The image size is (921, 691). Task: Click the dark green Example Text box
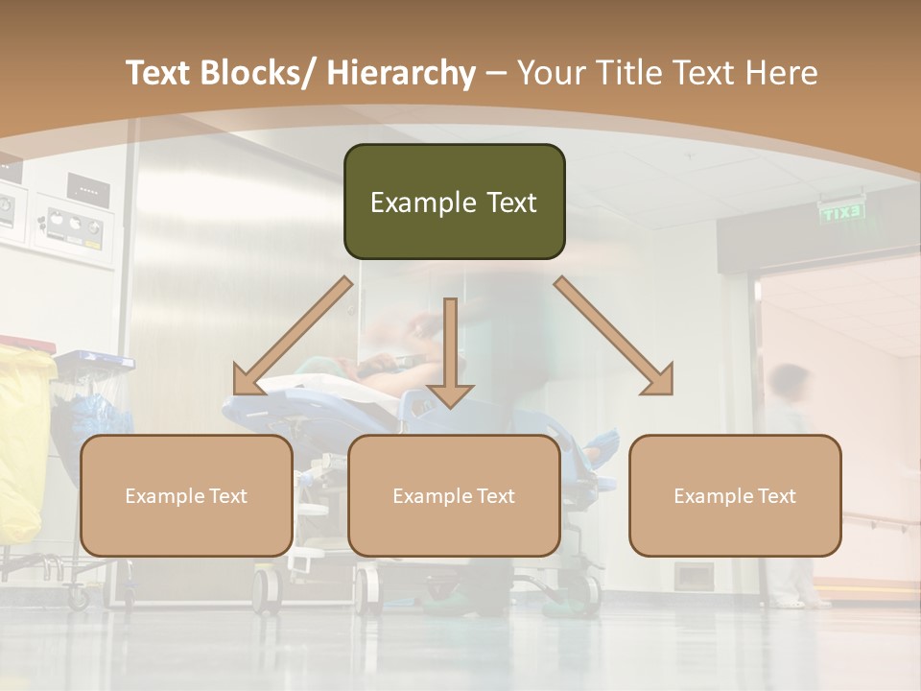(x=454, y=202)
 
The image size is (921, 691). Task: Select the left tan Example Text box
(x=186, y=495)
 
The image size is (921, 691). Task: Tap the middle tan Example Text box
(x=454, y=495)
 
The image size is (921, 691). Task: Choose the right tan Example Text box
(x=735, y=495)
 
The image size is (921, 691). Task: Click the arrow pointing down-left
(x=292, y=336)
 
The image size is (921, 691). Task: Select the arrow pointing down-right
(x=614, y=336)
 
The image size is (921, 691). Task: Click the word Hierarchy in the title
(x=400, y=73)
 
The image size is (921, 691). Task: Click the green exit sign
(x=841, y=212)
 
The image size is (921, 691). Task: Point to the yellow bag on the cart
(x=23, y=441)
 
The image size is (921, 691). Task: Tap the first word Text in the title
(x=159, y=73)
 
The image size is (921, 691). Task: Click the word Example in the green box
(x=411, y=203)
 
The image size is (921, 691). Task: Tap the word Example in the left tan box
(x=164, y=495)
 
